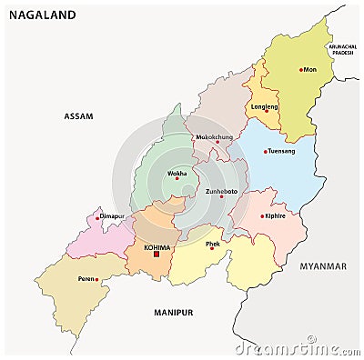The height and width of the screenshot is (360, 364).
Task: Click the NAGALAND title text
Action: coord(41,15)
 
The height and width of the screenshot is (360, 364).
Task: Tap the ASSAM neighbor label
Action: coord(79,116)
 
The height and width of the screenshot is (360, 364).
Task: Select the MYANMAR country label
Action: coord(323,266)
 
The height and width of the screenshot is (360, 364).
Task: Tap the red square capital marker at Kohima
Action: coord(157,254)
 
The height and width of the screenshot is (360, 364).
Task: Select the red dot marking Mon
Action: coord(301,69)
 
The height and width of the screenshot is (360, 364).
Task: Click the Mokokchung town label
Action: coord(215,137)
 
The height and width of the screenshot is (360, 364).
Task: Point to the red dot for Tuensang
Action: coord(266,152)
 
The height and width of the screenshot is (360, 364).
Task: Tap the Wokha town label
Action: coord(177,172)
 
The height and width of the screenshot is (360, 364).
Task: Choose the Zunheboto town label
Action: coord(221,193)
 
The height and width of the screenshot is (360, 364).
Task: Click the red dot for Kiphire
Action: coord(262,216)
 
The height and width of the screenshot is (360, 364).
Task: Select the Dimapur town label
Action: coord(111,216)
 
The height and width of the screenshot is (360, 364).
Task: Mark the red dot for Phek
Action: coord(212,247)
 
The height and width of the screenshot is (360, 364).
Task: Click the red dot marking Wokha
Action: coord(177,178)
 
